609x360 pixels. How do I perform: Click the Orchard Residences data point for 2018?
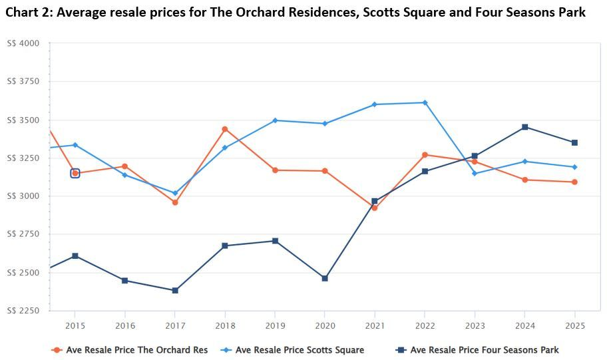click(x=225, y=129)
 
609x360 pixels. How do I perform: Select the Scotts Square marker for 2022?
click(x=425, y=102)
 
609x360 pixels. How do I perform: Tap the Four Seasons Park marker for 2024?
click(x=524, y=127)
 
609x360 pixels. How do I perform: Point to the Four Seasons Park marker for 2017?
click(x=175, y=291)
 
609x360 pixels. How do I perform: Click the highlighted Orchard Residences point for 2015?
click(x=75, y=173)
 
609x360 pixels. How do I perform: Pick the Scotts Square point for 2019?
click(x=275, y=120)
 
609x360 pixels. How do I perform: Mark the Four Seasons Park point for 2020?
click(x=325, y=278)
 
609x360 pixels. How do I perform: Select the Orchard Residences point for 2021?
click(x=375, y=208)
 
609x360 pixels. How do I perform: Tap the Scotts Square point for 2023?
click(x=475, y=174)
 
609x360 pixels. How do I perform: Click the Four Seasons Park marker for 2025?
click(x=574, y=142)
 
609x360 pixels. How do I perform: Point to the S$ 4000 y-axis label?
click(x=23, y=43)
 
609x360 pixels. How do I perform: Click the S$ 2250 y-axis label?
click(x=23, y=311)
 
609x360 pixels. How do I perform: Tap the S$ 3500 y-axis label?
click(x=23, y=120)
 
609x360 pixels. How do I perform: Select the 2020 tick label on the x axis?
click(x=325, y=325)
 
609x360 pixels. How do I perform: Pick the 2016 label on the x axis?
click(x=125, y=325)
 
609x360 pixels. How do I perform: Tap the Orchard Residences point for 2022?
click(x=425, y=155)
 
